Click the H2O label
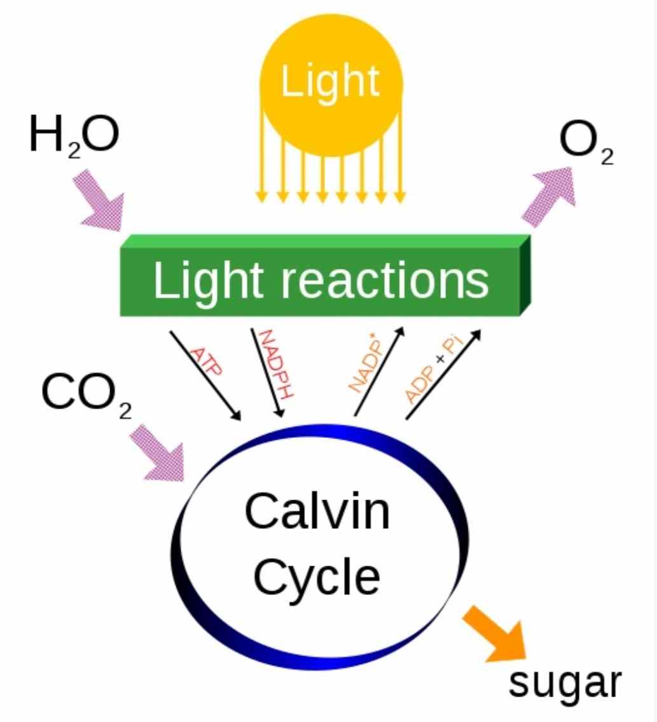coord(74,135)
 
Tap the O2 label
coord(586,142)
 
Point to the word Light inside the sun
coord(330,83)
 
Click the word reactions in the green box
coord(385,280)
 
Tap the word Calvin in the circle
coord(317,511)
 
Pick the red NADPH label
coord(275,364)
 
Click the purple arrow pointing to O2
coord(549,196)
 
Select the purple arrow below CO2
coord(156,453)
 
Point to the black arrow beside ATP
coord(205,376)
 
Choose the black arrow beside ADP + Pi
coord(443,375)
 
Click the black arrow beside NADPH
coord(267,373)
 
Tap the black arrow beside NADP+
coord(379,371)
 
